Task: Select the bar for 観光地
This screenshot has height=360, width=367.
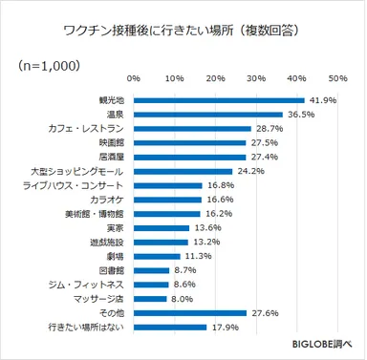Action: tap(218, 99)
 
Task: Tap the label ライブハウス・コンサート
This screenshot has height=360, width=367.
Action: tap(73, 185)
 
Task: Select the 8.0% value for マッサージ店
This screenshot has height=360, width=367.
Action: tap(181, 300)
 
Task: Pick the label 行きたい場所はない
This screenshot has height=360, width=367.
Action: tap(77, 328)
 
